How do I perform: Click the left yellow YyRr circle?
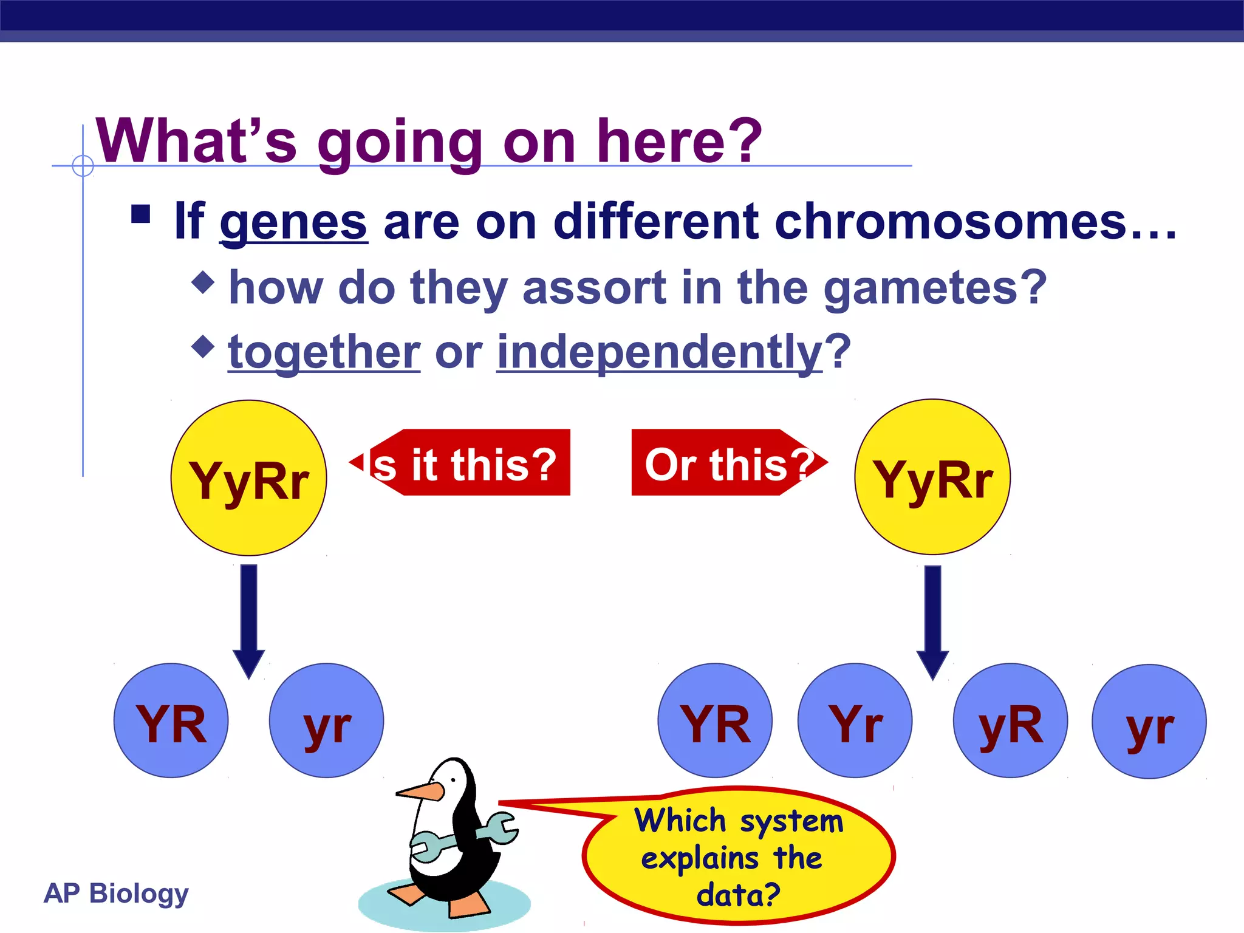point(248,478)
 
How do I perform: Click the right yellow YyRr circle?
point(932,477)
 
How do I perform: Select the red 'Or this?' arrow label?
point(726,463)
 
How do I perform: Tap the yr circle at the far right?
point(1149,722)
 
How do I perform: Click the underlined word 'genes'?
point(293,222)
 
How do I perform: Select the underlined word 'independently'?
point(660,352)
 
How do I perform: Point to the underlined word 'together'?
point(324,352)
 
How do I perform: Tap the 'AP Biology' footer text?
point(116,893)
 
